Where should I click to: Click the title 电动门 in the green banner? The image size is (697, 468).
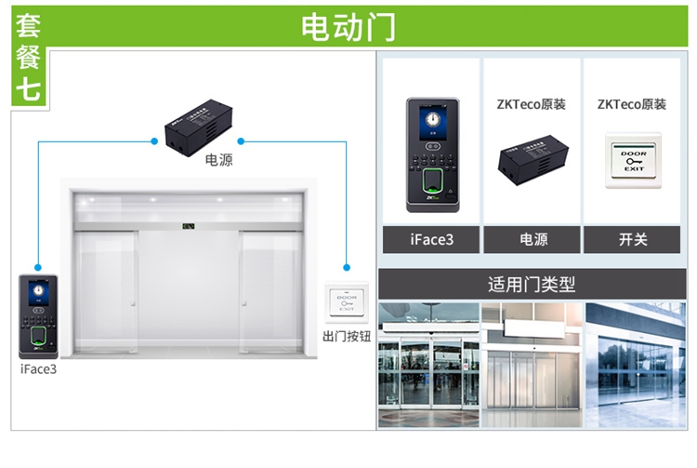point(348,26)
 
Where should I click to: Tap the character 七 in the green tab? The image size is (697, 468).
point(28,88)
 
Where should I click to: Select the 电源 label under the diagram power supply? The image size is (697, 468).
point(218,161)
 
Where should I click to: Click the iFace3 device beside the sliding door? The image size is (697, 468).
point(38,316)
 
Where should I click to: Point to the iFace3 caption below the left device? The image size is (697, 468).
point(38,368)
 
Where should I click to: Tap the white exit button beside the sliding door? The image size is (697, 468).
point(347,302)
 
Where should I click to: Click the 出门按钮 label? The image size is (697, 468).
point(347,336)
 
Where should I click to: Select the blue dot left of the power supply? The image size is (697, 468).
point(154,141)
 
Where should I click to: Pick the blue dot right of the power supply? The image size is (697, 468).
point(241,141)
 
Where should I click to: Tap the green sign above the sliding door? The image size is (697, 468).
point(189,225)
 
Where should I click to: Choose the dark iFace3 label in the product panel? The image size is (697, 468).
point(431,239)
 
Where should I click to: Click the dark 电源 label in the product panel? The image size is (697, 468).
point(533,239)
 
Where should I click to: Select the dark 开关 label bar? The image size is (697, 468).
point(633,239)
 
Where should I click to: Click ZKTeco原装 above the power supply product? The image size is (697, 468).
point(532,105)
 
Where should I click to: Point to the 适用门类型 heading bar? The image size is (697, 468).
point(532,284)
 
